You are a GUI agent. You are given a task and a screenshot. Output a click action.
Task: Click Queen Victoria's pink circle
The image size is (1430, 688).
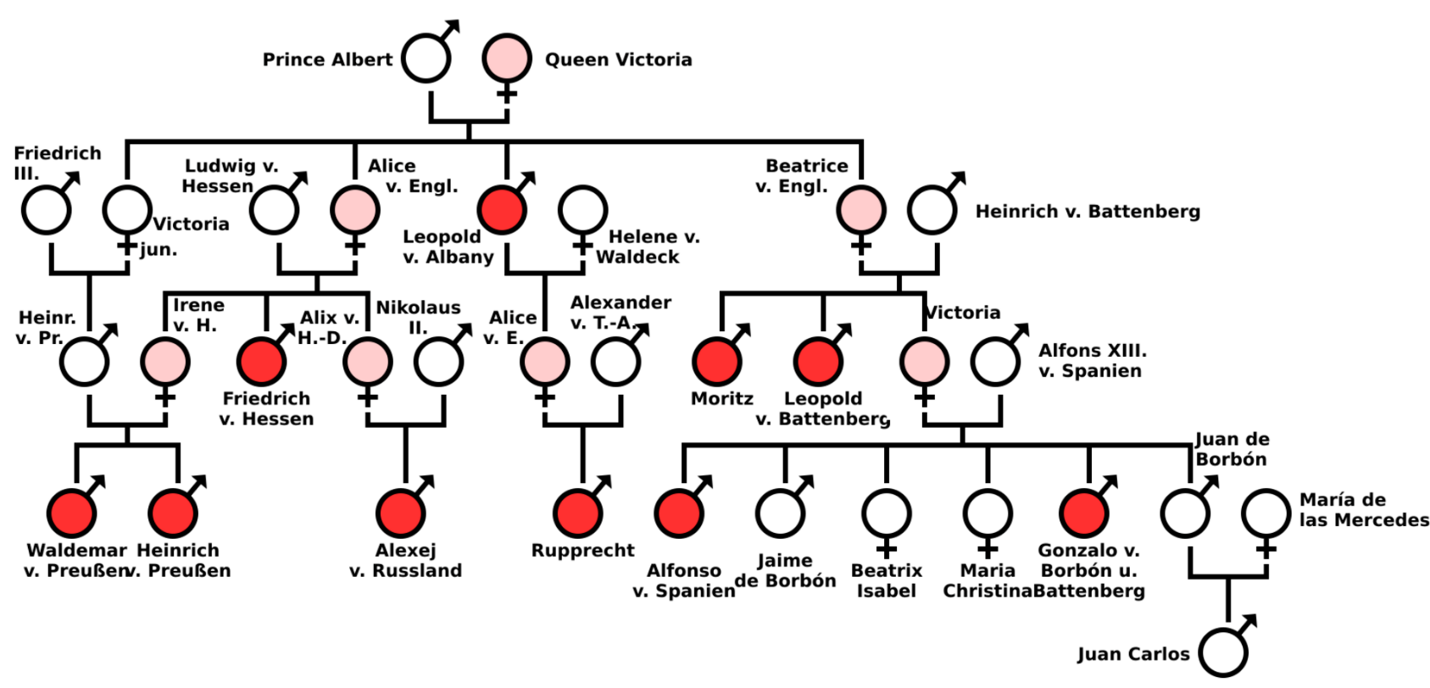click(507, 58)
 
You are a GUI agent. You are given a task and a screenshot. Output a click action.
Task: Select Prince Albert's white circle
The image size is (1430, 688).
click(426, 58)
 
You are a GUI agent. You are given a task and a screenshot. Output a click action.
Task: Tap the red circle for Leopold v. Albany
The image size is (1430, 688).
click(502, 210)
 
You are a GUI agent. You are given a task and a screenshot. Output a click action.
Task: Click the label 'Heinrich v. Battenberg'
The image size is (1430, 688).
click(1088, 211)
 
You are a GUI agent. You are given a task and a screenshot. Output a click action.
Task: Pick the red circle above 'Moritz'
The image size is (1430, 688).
click(717, 362)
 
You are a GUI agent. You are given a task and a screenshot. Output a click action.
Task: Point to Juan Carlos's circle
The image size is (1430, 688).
click(1223, 652)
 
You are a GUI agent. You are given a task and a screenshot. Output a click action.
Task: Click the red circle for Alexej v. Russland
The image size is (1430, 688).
click(401, 513)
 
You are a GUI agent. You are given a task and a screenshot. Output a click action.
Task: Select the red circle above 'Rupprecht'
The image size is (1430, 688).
click(578, 513)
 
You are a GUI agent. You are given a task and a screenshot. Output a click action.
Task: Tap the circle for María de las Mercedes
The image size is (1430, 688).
click(1266, 513)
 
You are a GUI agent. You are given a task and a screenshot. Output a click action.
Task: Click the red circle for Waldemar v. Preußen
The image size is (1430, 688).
click(71, 513)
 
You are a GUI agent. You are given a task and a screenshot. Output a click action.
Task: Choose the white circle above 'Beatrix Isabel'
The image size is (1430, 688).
click(886, 513)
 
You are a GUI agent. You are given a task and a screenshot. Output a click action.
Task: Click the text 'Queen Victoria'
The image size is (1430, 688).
click(618, 59)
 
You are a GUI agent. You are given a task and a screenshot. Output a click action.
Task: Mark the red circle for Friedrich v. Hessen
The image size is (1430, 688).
click(261, 362)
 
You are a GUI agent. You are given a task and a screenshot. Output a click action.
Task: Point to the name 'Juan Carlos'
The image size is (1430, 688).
click(1134, 654)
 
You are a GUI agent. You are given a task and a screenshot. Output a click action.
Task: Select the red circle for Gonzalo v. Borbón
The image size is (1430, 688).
click(1084, 513)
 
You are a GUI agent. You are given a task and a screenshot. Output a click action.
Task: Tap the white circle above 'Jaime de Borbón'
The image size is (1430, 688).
click(780, 513)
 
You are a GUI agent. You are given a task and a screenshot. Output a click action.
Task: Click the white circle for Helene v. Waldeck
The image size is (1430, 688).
click(583, 210)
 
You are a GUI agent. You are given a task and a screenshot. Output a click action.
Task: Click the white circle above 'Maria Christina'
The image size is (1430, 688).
click(988, 513)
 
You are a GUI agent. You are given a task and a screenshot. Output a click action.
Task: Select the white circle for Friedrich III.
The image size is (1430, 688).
click(46, 210)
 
